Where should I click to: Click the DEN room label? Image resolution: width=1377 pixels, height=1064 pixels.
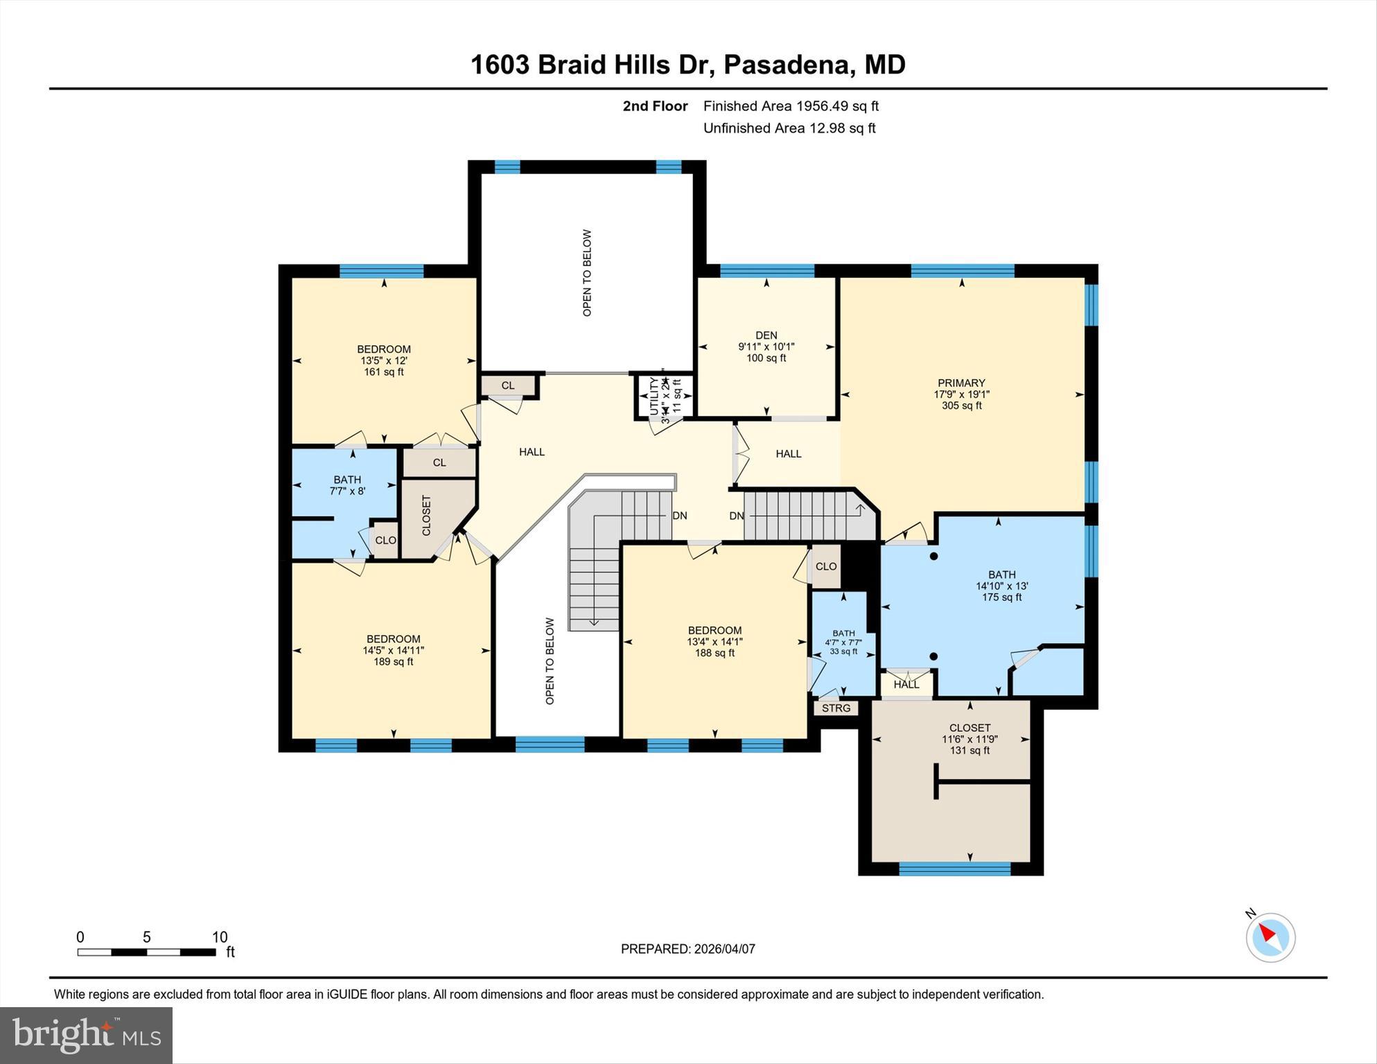[766, 335]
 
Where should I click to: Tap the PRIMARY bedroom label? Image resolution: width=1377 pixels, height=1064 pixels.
[961, 383]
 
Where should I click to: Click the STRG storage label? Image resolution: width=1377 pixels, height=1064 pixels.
[836, 708]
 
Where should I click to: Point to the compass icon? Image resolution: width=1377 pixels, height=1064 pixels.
[1270, 937]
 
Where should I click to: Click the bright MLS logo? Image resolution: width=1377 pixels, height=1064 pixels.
[86, 1035]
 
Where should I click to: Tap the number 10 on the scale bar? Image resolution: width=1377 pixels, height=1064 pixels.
[219, 937]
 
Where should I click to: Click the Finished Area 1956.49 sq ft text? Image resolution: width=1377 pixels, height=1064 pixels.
[791, 106]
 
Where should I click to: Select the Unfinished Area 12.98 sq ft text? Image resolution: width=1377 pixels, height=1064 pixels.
[789, 128]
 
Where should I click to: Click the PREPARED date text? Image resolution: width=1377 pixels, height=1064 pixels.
[687, 949]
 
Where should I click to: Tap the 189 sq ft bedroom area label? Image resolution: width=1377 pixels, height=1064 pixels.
[393, 662]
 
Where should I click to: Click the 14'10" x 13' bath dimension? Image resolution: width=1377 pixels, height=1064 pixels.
[1001, 586]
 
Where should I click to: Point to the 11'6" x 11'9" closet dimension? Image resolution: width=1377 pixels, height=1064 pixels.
[970, 739]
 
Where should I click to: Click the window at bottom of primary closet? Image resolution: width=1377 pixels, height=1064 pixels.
[954, 869]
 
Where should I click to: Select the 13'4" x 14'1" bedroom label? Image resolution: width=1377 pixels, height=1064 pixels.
[714, 642]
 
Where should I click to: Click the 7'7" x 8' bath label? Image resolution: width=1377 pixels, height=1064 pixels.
[347, 491]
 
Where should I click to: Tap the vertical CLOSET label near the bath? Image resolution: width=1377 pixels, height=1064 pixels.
[426, 515]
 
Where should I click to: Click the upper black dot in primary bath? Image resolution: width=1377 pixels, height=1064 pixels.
[933, 556]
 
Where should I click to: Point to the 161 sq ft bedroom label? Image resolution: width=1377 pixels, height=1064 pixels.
[383, 372]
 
